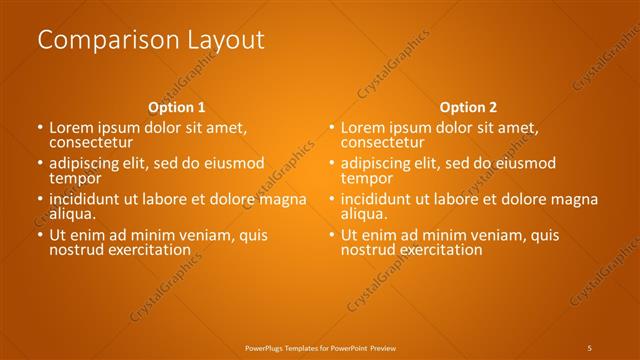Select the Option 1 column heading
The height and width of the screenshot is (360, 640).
click(177, 107)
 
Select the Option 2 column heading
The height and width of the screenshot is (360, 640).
click(468, 107)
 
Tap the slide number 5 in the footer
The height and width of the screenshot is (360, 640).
click(590, 347)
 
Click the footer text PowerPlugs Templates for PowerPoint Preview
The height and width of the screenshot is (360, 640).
click(321, 347)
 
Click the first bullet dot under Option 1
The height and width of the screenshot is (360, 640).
click(40, 129)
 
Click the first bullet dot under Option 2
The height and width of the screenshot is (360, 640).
click(332, 129)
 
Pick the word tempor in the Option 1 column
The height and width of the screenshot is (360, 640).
click(72, 178)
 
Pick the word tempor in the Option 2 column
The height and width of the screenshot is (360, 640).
click(364, 178)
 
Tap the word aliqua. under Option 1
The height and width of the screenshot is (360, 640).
click(72, 213)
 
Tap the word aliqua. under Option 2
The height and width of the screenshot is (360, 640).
click(364, 213)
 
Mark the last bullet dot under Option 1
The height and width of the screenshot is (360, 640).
click(40, 235)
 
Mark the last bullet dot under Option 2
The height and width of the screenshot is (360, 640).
click(332, 235)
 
